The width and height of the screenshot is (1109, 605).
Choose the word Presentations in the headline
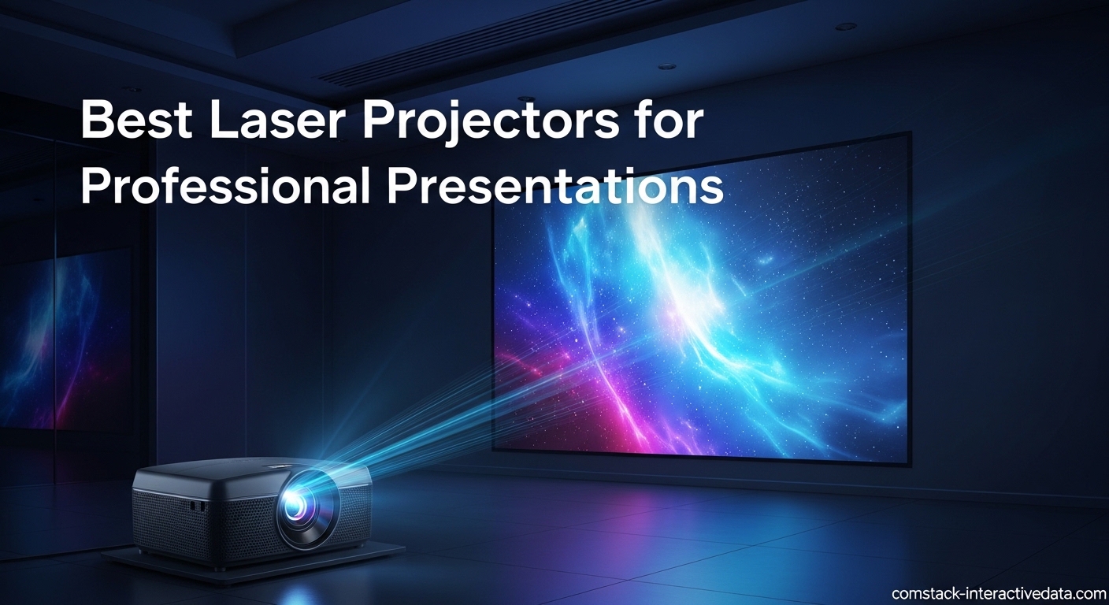point(554,187)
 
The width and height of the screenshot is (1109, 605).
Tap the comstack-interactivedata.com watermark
point(999,593)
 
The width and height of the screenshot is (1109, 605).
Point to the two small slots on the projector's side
point(198,506)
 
